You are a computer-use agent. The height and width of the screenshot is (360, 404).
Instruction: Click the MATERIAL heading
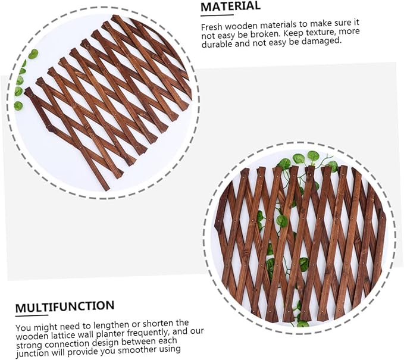[x=230, y=7]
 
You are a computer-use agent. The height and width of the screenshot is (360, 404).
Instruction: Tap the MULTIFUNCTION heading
[x=65, y=306]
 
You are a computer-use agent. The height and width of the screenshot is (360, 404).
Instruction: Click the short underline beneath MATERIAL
[x=217, y=15]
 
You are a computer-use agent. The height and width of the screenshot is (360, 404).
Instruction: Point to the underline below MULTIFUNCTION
[x=32, y=315]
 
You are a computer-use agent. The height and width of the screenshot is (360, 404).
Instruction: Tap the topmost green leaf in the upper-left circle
[x=33, y=54]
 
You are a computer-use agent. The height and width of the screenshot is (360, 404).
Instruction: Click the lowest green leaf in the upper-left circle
[x=18, y=106]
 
